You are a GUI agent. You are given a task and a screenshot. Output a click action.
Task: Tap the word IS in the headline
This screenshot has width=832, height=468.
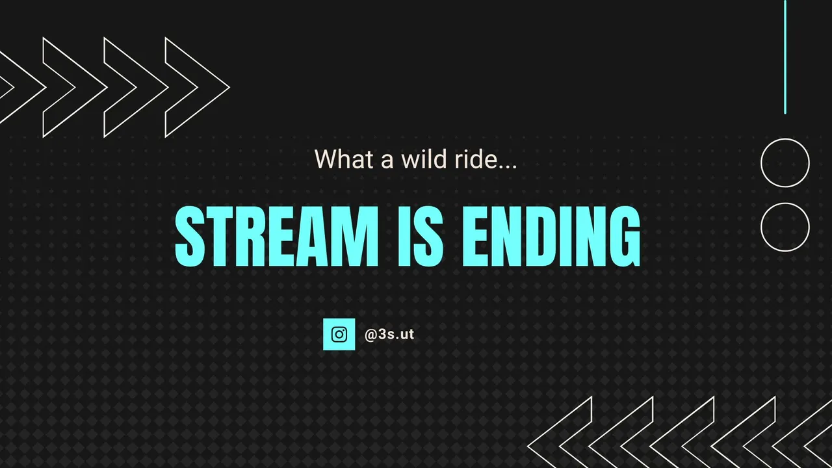421,236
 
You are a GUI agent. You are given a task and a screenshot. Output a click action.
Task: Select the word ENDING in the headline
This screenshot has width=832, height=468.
551,236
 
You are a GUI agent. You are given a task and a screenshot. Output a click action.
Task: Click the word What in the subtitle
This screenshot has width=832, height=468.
344,159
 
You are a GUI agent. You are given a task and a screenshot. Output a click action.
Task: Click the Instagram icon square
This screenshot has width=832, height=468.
339,334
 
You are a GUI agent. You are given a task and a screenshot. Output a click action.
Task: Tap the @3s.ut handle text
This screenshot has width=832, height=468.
389,334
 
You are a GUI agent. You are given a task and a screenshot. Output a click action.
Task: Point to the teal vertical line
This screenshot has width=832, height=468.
785,57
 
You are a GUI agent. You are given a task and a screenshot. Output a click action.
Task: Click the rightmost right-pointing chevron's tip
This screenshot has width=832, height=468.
229,88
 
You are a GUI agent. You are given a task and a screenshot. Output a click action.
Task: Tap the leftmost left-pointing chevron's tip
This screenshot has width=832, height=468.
528,446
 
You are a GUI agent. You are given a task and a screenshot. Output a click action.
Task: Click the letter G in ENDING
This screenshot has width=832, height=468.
623,236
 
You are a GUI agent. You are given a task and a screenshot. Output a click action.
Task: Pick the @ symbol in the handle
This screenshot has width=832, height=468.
371,335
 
